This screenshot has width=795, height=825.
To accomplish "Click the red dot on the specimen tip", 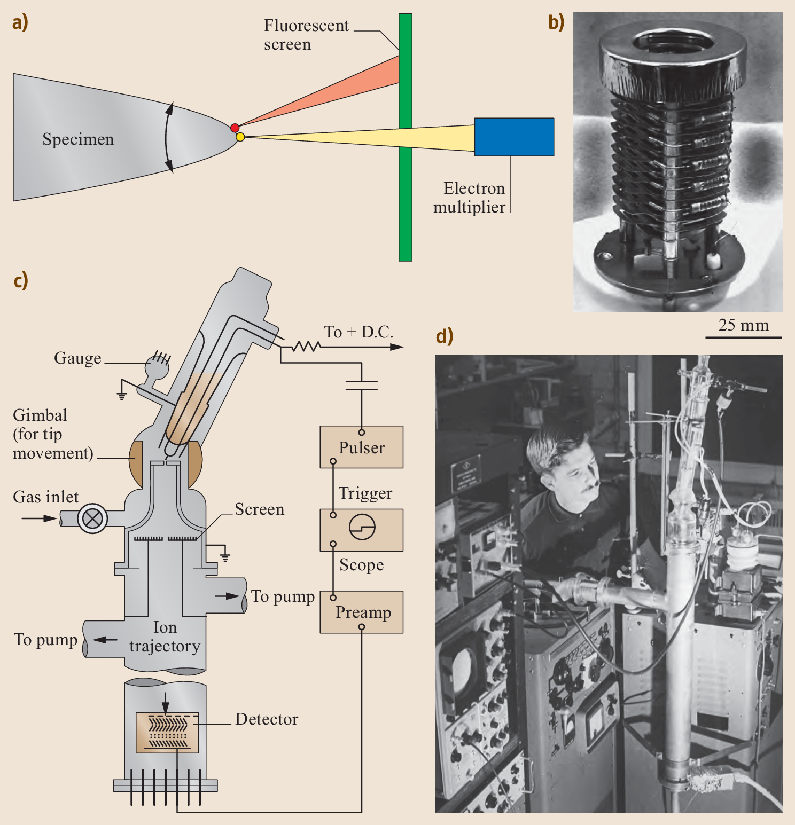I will [x=235, y=128].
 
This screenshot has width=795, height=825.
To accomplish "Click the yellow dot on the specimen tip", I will [x=240, y=137].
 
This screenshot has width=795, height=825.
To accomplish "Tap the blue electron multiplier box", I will [x=514, y=137].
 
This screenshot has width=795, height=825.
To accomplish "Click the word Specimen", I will [x=78, y=139].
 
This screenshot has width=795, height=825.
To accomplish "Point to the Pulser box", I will [x=362, y=447].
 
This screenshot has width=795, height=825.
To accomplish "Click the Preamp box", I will [x=362, y=612].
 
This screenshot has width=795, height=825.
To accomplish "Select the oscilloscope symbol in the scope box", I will [x=362, y=528].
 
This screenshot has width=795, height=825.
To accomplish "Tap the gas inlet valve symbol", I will [x=92, y=518].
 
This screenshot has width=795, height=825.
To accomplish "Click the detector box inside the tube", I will [x=167, y=732].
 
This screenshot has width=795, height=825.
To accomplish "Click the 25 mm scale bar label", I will [x=743, y=325].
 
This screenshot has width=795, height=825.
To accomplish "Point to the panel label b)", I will [x=556, y=22].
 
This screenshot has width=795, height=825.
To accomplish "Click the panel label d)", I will [x=445, y=336].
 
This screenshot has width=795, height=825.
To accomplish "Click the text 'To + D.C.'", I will [x=358, y=332].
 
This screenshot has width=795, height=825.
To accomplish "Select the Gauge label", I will [x=77, y=358].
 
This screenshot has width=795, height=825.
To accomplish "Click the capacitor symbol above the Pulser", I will [x=362, y=386].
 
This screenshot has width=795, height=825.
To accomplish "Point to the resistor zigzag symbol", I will [x=306, y=347].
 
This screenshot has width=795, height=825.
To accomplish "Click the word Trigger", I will [x=365, y=493].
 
